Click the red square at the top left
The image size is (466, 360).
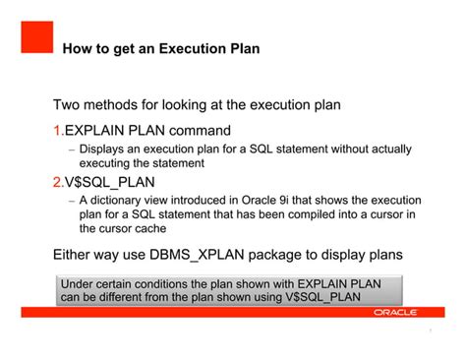[36, 37]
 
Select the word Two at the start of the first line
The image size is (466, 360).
[69, 104]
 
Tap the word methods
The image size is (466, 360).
[122, 104]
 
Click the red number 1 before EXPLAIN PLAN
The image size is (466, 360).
[57, 130]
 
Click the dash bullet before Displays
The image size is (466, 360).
[71, 150]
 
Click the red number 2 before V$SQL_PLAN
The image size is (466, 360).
[57, 182]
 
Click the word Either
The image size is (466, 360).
[74, 255]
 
